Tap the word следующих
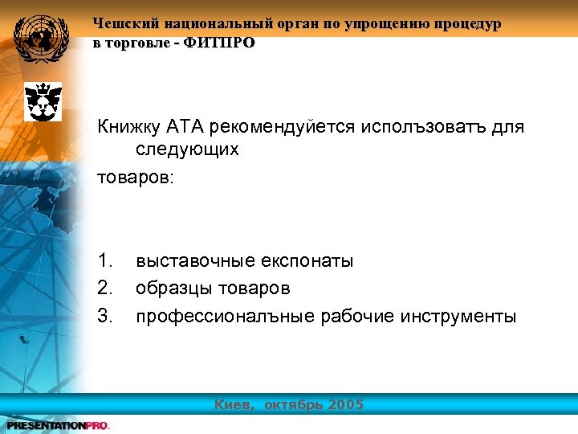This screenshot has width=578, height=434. click(187, 149)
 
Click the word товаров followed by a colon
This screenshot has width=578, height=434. click(133, 176)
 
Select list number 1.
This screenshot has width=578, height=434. click(105, 260)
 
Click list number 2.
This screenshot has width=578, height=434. click(105, 288)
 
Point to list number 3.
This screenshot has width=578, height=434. click(105, 316)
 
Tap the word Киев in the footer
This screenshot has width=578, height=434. click(234, 404)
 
